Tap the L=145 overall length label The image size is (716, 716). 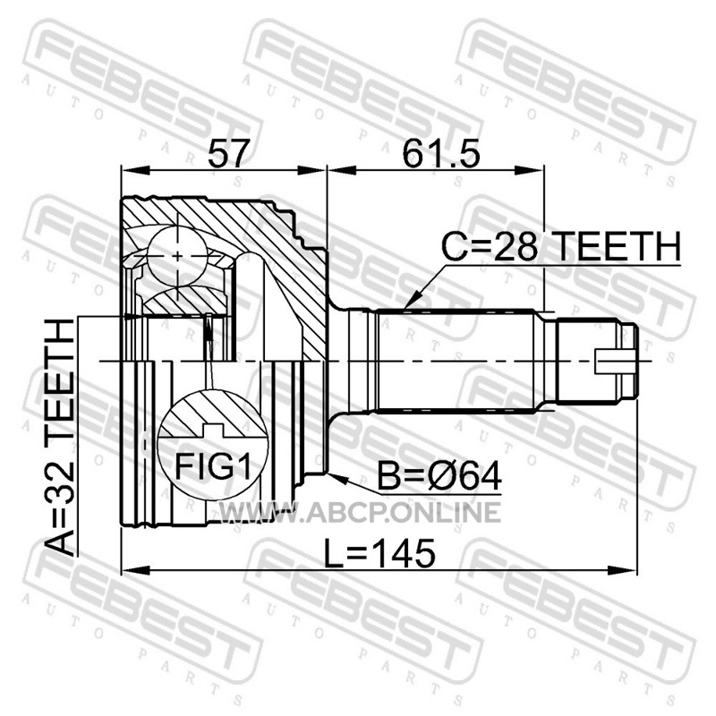pos(379,553)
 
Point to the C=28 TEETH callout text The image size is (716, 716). pos(561,246)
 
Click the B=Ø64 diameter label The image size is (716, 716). pos(439,476)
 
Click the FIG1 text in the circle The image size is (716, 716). pos(213,466)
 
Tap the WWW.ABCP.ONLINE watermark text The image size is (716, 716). pos(361,512)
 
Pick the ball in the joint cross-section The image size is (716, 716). pos(176,256)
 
